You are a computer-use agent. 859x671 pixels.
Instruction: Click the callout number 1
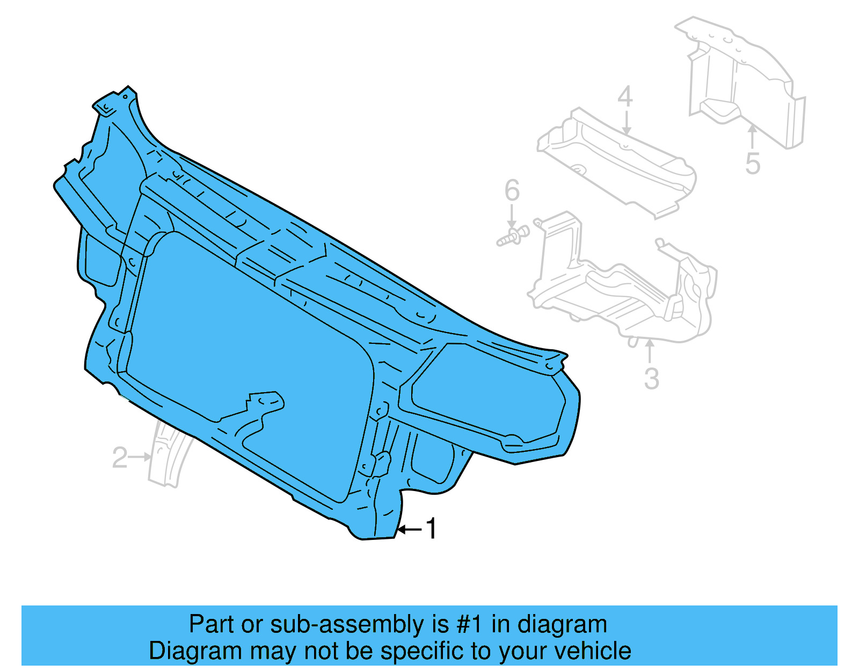coord(431,529)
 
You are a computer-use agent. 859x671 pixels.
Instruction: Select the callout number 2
coord(120,458)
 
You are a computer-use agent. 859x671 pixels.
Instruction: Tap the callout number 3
coord(651,379)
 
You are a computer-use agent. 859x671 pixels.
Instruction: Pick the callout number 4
coord(625,97)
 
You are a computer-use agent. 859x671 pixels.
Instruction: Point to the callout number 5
coord(753,163)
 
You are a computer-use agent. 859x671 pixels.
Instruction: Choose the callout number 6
coord(512,190)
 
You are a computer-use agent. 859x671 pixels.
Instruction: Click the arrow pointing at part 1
coord(409,530)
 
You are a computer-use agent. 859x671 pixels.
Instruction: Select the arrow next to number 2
coord(141,457)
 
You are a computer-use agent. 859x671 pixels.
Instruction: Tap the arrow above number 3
coord(650,351)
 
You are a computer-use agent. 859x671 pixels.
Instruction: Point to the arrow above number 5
coord(752,136)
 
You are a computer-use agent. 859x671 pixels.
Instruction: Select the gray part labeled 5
coord(746,81)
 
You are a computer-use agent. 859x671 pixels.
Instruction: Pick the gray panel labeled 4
coord(617,161)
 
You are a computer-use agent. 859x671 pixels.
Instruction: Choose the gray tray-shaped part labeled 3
coord(623,290)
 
